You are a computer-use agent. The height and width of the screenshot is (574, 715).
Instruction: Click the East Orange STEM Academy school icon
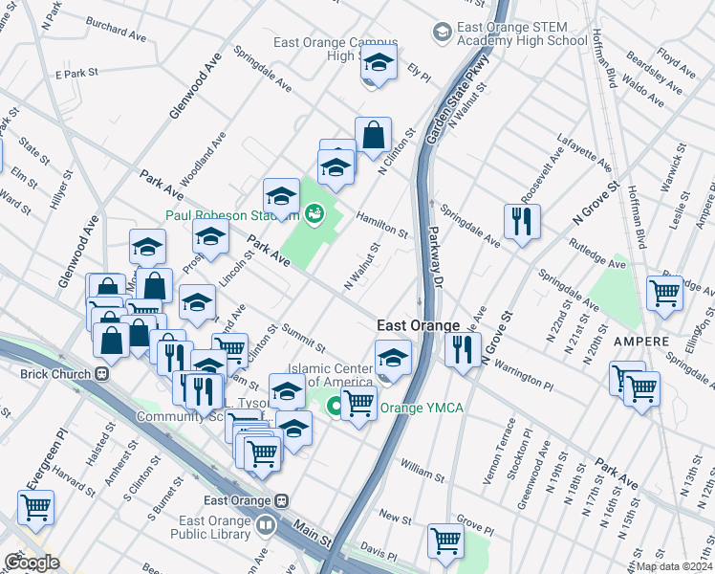[442, 33]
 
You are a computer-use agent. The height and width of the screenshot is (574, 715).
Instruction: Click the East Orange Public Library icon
[265, 524]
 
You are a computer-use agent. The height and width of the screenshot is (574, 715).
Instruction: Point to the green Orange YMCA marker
[336, 408]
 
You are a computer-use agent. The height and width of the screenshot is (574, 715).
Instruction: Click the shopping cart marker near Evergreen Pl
[36, 508]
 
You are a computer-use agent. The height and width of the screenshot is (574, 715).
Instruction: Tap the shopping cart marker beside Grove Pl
[445, 541]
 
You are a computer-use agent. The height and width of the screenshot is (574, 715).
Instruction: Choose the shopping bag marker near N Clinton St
[373, 136]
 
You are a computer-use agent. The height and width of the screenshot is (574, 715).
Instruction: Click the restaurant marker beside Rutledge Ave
[521, 221]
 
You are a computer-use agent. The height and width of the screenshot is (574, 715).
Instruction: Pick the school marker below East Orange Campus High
[379, 65]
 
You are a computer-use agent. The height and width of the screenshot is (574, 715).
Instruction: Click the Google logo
[32, 563]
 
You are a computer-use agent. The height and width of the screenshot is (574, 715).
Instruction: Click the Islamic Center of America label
[336, 376]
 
